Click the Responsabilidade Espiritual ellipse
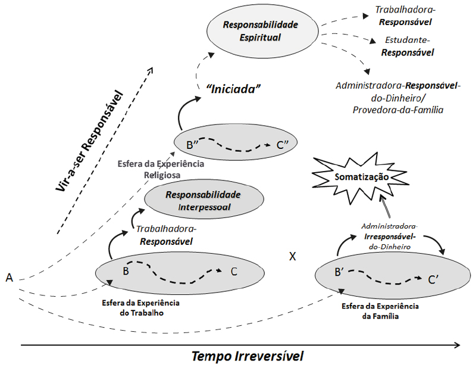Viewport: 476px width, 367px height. (262, 31)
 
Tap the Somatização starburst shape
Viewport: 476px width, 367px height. (361, 178)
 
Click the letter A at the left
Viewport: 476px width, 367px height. (10, 278)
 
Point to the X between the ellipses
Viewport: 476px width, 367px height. (292, 257)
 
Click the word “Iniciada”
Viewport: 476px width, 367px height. (233, 89)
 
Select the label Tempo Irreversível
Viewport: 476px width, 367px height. (248, 356)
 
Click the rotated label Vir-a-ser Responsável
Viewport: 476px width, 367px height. (90, 141)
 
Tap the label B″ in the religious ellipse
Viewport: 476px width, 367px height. (192, 145)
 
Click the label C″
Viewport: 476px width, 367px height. (282, 145)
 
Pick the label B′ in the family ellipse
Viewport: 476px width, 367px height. (339, 272)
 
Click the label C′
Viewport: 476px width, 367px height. (433, 279)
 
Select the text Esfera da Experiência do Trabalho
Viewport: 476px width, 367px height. (141, 307)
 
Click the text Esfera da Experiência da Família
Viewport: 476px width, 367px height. (380, 311)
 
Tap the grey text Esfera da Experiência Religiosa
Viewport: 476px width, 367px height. (161, 169)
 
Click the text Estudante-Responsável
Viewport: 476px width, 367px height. (408, 46)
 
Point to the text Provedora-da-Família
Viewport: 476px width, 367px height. (398, 110)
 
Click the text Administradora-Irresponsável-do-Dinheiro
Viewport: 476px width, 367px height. (390, 237)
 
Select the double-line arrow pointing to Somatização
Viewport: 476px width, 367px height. (385, 207)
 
